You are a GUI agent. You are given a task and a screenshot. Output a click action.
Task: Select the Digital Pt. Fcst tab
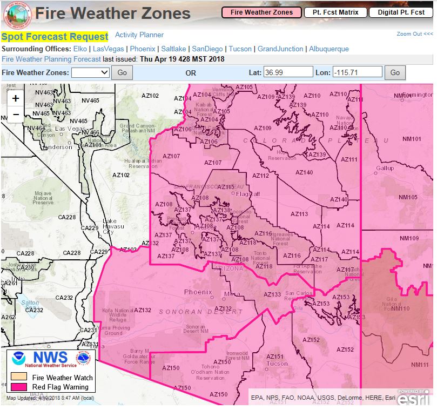[401, 12]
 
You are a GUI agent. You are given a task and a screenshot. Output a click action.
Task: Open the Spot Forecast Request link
[55, 37]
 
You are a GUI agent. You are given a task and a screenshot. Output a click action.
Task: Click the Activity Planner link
[139, 35]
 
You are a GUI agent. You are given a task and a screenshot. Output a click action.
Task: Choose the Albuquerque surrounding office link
[329, 49]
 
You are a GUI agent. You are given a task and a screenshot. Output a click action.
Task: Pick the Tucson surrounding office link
[240, 49]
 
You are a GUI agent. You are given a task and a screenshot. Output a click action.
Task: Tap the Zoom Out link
[414, 34]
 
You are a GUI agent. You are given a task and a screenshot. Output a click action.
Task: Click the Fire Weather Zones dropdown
[90, 72]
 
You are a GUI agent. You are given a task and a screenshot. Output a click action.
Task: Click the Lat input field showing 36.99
[288, 72]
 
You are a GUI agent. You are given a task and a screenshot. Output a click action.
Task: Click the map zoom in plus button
[16, 98]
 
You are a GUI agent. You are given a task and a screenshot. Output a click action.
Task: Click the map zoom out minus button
[16, 114]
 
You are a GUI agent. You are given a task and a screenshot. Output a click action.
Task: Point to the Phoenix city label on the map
[198, 292]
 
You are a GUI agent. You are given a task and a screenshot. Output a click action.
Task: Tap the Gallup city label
[385, 168]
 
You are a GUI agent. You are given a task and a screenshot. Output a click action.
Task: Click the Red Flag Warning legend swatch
[19, 387]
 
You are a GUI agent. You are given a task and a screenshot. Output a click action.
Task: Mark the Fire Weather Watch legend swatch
[19, 378]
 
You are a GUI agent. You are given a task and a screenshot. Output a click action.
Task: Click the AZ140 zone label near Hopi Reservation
[304, 173]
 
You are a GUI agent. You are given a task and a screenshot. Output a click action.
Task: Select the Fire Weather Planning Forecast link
[51, 59]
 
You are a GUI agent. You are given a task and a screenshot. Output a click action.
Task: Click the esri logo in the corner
[414, 398]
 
